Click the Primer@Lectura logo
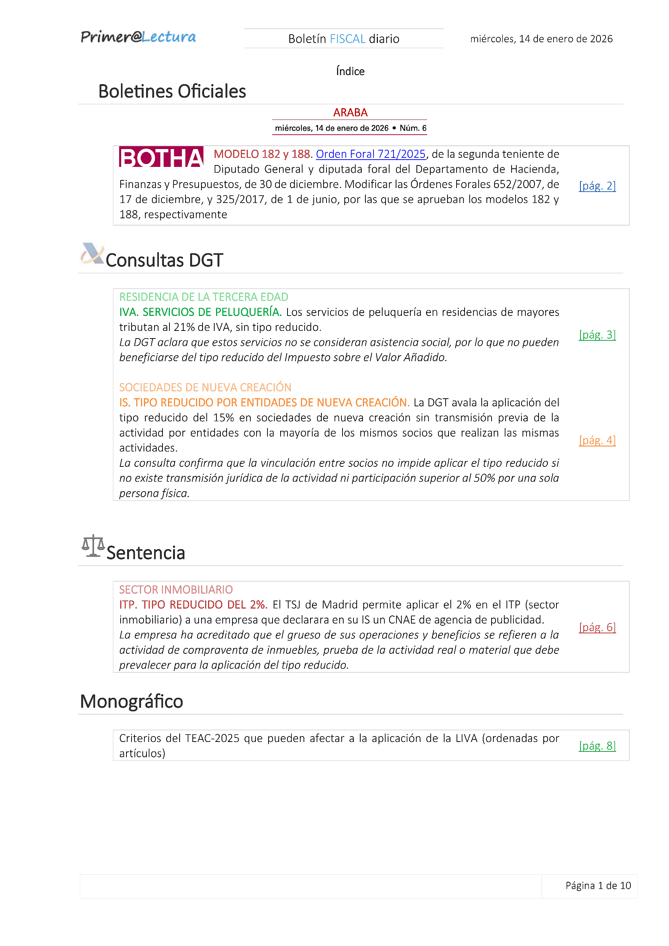138,37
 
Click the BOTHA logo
161,157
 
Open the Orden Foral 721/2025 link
370,154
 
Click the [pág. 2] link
597,186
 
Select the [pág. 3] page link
597,335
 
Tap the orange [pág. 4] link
597,440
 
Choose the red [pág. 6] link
597,627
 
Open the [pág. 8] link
597,746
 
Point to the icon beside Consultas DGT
92,253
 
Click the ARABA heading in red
350,113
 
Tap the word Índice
350,71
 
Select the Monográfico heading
132,701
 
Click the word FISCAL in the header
348,39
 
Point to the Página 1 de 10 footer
598,886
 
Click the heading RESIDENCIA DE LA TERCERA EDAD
203,297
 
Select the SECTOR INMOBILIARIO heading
176,590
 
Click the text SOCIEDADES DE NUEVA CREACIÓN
205,387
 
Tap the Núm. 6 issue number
413,128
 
